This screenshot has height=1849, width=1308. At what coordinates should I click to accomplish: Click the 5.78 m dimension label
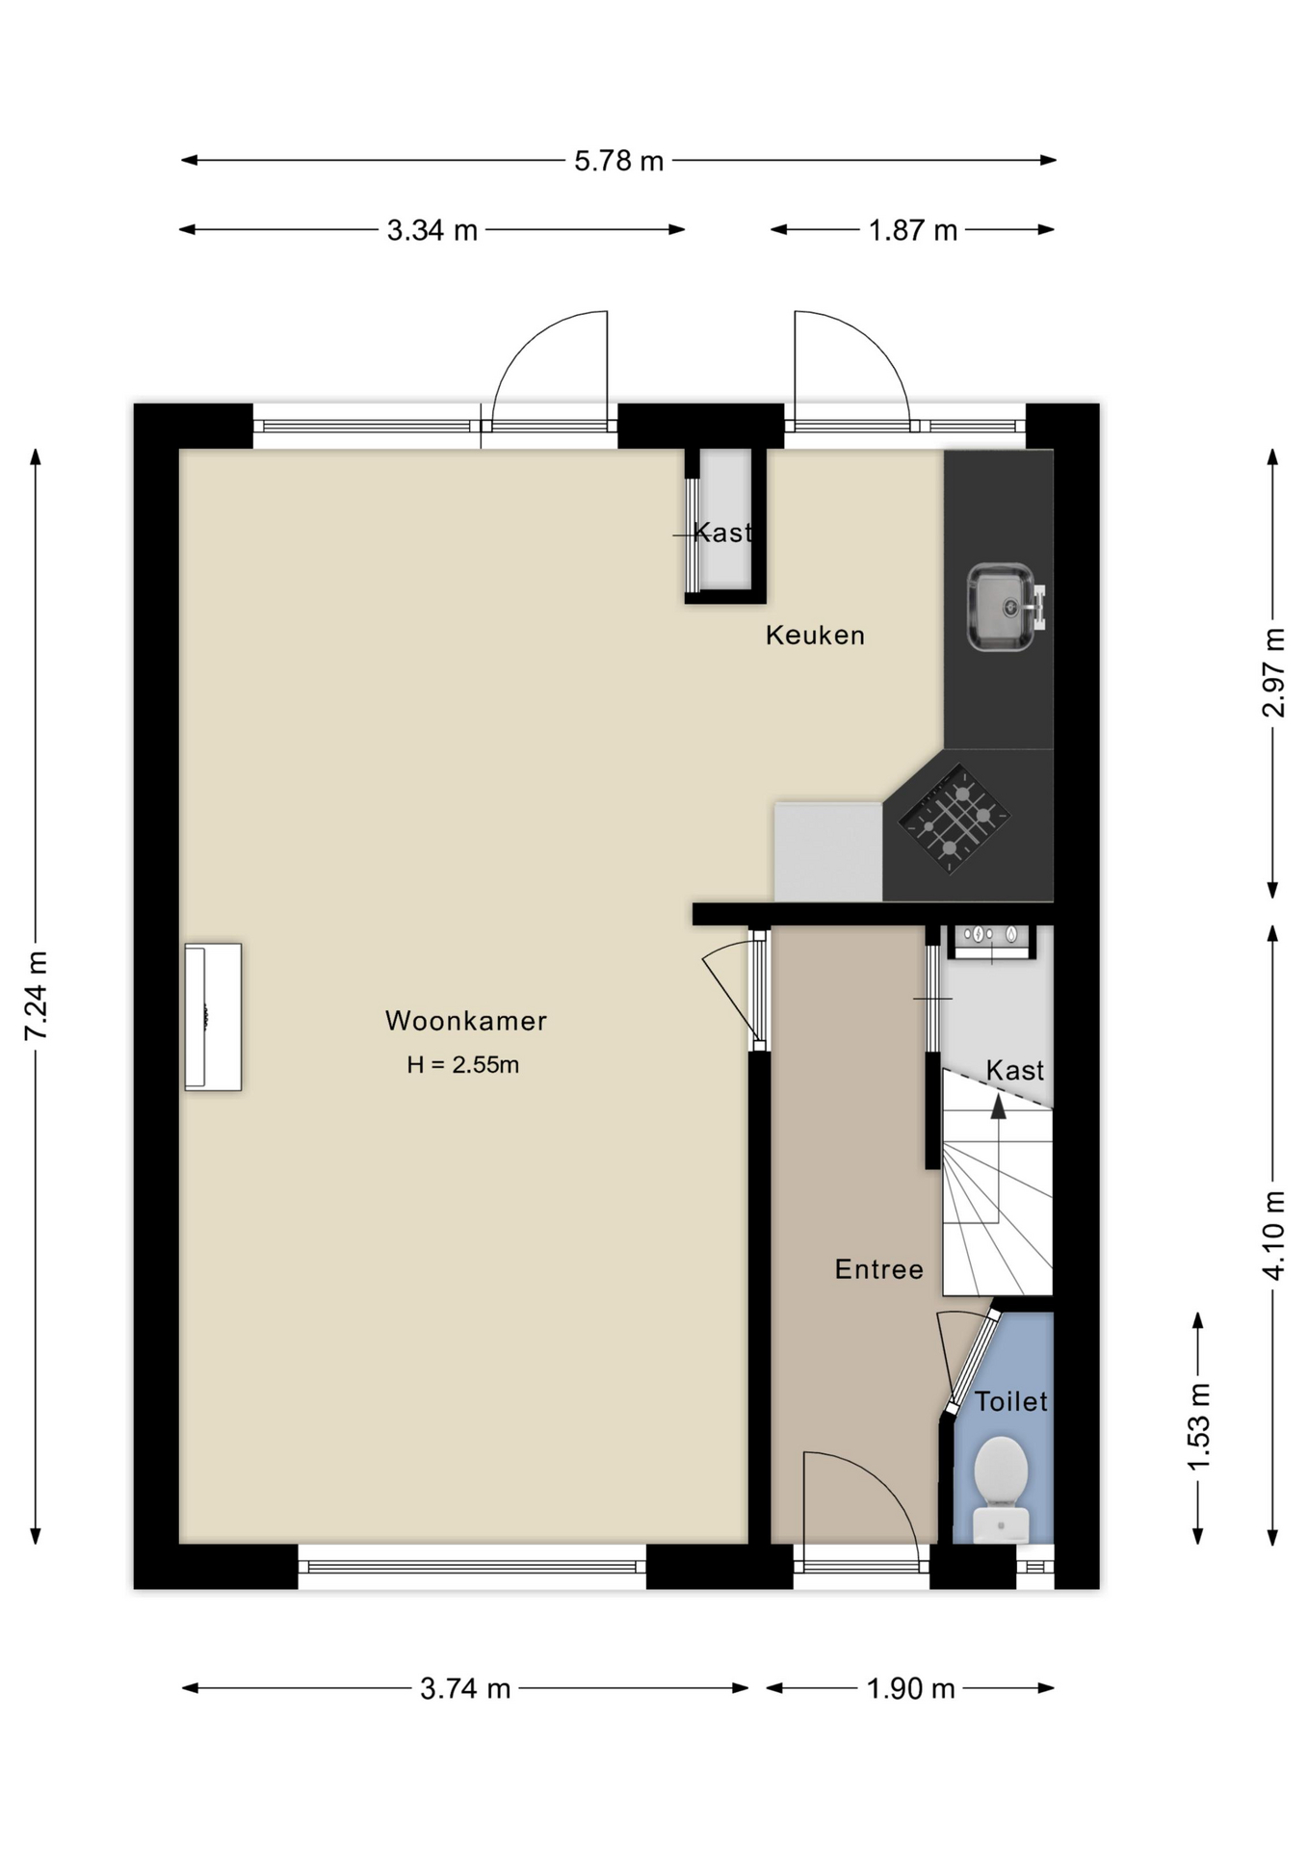618,161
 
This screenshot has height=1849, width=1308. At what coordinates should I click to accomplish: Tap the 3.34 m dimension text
432,230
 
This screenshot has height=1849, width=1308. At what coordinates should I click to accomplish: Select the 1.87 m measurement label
912,230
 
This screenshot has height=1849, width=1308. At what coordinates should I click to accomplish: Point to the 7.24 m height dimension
37,995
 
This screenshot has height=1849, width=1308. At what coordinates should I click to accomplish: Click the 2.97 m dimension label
1273,672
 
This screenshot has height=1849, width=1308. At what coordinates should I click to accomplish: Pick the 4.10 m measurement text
1273,1236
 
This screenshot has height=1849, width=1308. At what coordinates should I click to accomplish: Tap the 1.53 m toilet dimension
1198,1426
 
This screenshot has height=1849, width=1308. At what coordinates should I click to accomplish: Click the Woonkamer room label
466,1021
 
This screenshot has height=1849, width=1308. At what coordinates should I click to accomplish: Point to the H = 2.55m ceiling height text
463,1064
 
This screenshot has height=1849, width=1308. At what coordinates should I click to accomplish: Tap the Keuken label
815,636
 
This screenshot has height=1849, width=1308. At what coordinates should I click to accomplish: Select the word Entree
878,1269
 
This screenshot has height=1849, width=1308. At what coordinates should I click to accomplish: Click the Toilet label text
1010,1401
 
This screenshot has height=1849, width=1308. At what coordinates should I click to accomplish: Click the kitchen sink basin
1002,608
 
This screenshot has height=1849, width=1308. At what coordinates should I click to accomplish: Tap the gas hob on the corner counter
954,819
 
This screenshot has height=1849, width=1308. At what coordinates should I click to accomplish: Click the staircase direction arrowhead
999,1107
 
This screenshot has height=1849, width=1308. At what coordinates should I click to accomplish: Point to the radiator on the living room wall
213,1017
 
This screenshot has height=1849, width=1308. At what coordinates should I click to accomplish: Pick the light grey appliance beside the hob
828,852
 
